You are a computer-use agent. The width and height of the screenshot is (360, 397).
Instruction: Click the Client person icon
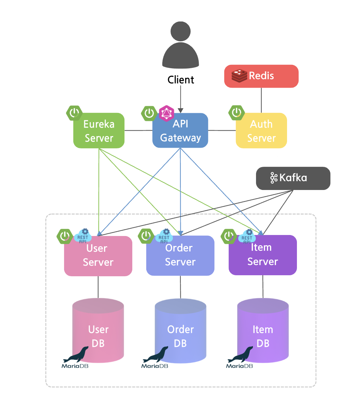[181, 46]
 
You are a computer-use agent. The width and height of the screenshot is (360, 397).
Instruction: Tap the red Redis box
[261, 76]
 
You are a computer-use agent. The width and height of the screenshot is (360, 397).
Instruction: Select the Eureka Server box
[99, 131]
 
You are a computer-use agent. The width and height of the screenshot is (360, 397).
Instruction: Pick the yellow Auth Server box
[261, 131]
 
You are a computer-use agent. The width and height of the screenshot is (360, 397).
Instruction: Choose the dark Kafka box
[293, 178]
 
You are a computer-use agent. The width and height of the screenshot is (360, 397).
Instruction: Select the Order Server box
[180, 256]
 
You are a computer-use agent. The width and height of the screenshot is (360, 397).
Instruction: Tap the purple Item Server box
[262, 255]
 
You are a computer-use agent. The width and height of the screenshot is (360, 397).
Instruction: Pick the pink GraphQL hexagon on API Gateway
[166, 113]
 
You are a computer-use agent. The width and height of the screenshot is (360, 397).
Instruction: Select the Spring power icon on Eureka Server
[74, 113]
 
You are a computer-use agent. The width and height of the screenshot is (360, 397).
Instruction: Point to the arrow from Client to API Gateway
[181, 99]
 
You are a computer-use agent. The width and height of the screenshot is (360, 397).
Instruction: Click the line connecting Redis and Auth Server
[261, 100]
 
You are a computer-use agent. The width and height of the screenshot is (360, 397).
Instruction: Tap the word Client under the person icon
[181, 80]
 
